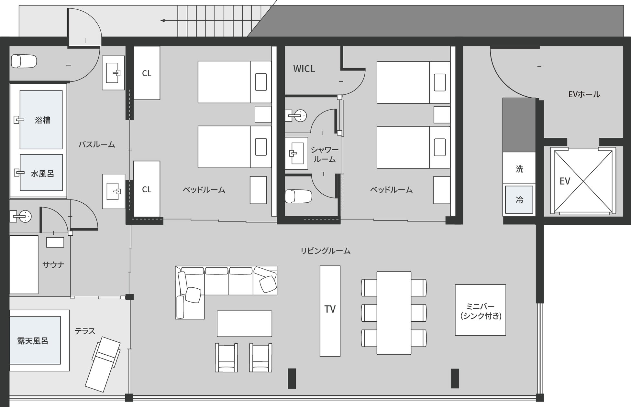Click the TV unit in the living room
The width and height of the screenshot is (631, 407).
[330, 311]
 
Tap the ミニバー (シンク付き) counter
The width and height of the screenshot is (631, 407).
[481, 310]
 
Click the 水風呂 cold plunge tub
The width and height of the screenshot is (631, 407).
[41, 173]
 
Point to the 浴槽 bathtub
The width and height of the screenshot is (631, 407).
[41, 120]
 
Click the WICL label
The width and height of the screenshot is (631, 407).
[304, 69]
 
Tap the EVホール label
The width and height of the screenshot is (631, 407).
[584, 94]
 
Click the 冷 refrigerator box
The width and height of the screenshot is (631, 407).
[519, 200]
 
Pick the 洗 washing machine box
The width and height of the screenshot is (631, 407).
[519, 168]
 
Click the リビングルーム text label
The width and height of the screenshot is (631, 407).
[326, 251]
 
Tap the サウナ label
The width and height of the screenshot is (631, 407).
[53, 265]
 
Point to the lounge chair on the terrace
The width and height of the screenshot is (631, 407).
[103, 364]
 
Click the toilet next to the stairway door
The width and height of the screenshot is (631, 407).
[24, 61]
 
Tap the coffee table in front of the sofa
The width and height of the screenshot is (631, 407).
[244, 324]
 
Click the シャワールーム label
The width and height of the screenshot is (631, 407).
[325, 155]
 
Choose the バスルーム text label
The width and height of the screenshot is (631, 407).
[97, 145]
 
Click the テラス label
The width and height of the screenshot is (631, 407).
[85, 331]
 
